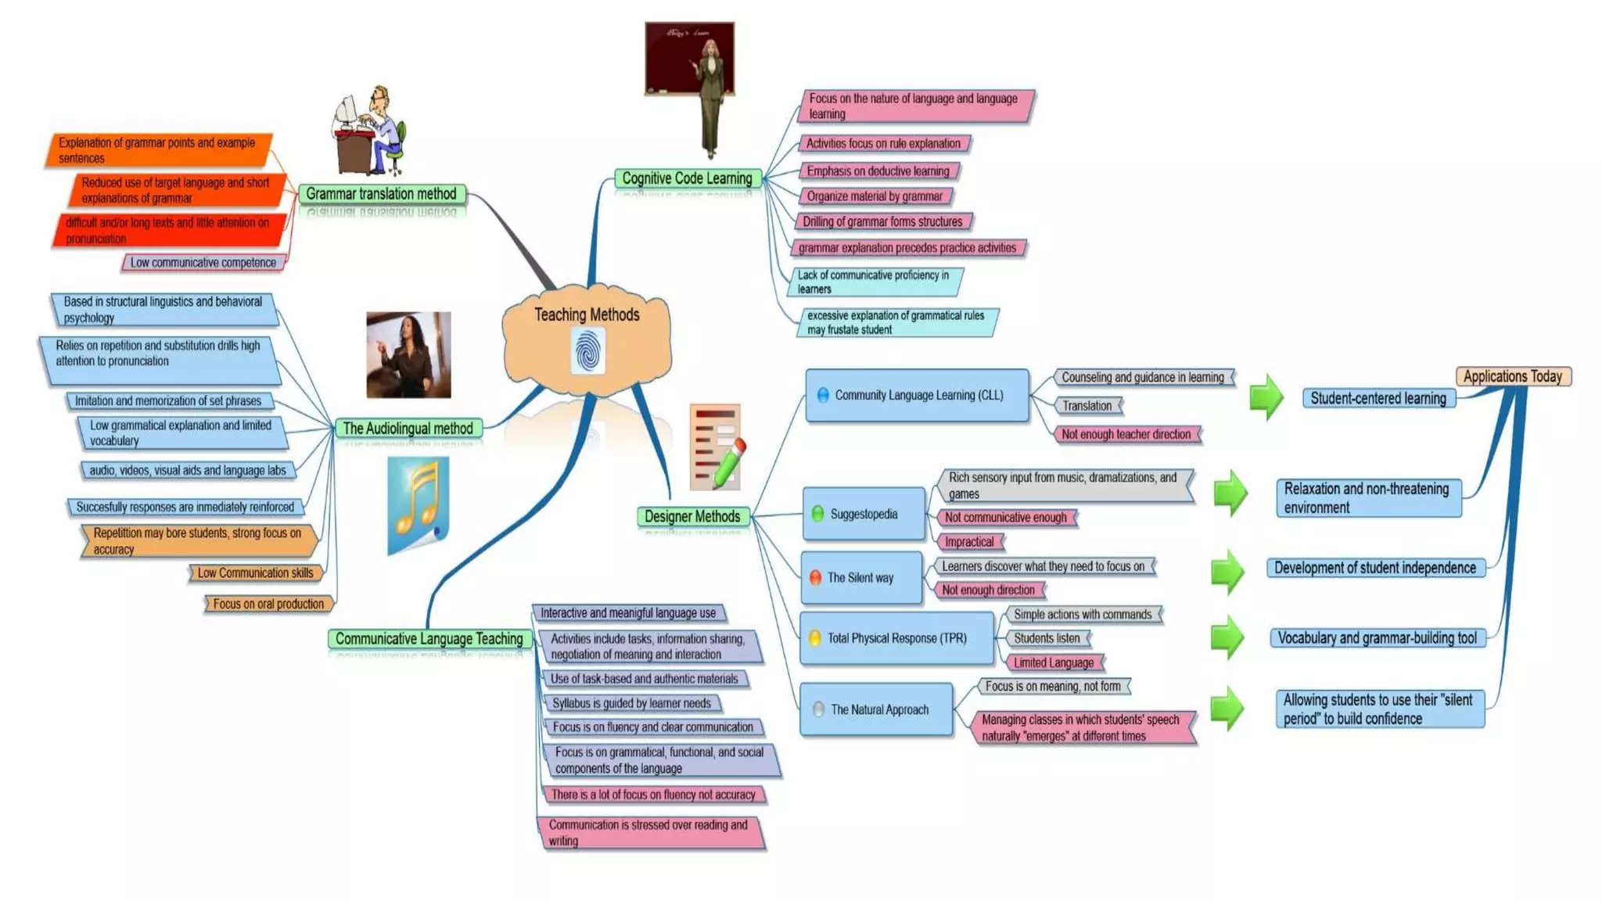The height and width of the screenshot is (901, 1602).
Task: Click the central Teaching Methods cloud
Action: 587,315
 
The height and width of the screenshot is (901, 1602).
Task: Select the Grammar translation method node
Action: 381,193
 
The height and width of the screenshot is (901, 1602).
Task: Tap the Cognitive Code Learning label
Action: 687,178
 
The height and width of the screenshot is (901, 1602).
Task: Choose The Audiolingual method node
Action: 408,428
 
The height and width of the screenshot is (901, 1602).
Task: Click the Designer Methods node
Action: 692,516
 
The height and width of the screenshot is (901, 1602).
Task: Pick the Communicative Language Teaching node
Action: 429,638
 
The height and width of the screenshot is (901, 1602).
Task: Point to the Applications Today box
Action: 1512,376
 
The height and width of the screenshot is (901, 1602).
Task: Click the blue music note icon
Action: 418,505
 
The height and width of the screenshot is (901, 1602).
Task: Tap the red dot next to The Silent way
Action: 815,577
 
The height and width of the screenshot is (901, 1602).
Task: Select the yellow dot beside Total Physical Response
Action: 814,638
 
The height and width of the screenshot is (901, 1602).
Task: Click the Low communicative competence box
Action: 203,263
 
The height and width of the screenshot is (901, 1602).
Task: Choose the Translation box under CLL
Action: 1087,405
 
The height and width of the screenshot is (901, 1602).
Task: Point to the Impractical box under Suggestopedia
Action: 968,541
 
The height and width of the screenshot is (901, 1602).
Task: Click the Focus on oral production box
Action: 268,604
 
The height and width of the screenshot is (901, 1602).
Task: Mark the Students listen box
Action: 1047,638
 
